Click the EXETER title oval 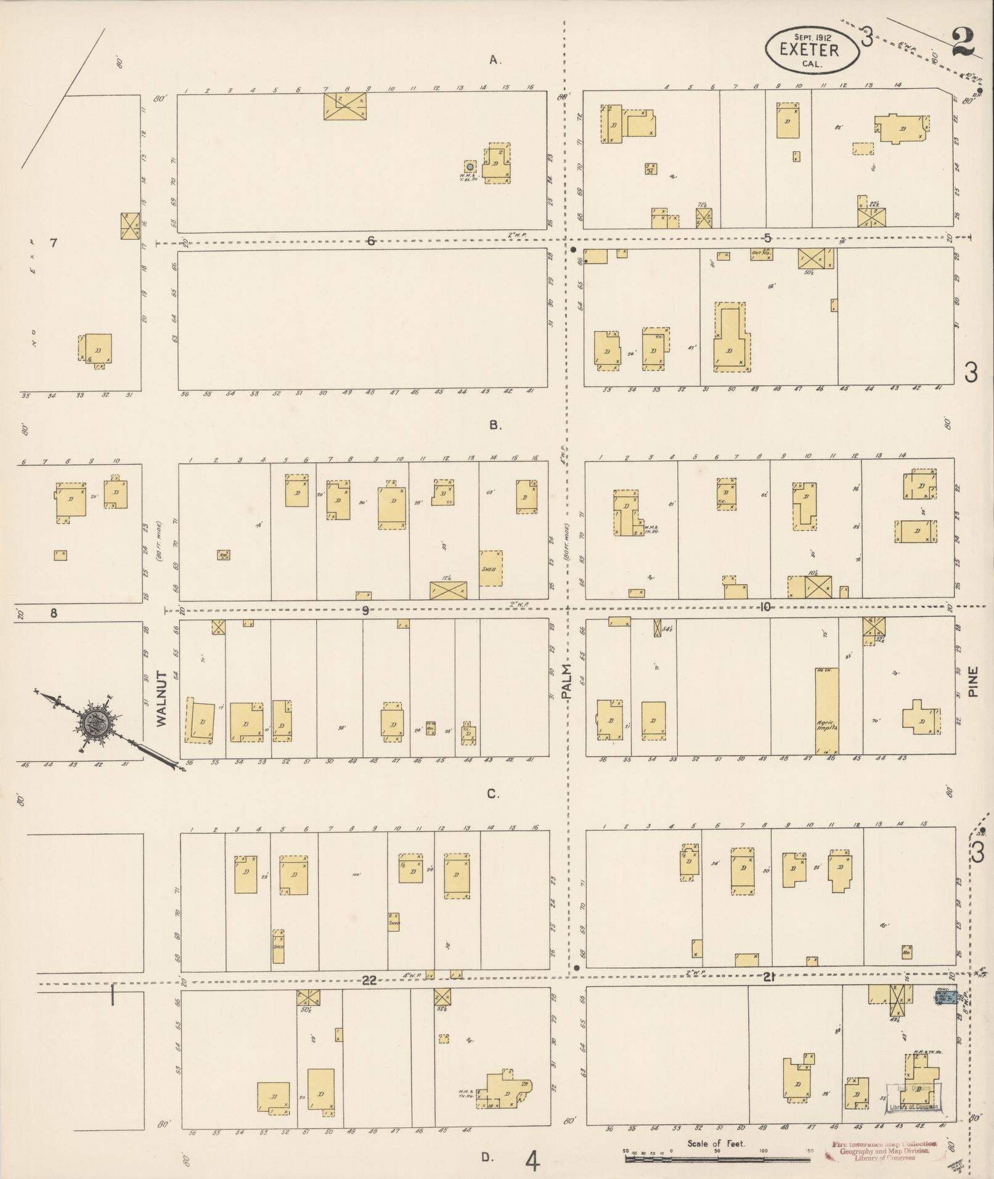click(812, 49)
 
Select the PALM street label click(567, 682)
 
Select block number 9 click(365, 611)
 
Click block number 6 click(370, 241)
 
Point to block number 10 click(765, 607)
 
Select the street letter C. click(493, 794)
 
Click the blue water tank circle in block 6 click(470, 166)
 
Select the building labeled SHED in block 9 click(491, 568)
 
